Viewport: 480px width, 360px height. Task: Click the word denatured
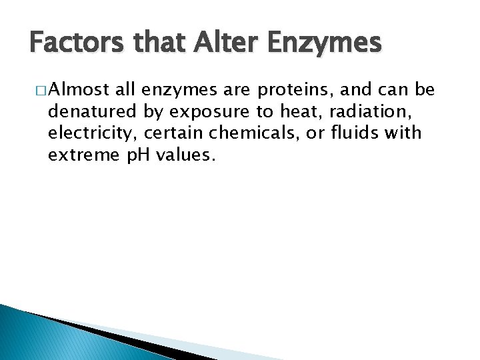tap(92, 111)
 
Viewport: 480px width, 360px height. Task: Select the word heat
tap(295, 111)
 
